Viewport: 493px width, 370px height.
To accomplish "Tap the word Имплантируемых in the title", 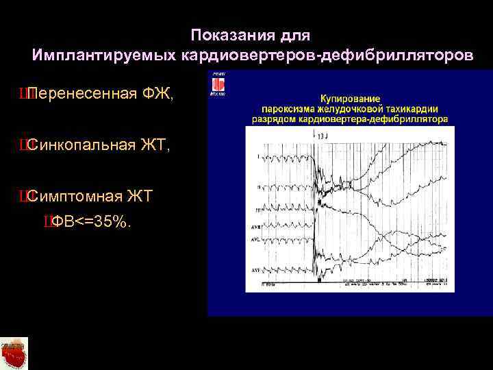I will click(104, 55).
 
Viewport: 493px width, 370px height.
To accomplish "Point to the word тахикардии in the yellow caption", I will click(413, 108).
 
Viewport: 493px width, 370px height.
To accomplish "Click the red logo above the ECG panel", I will click(218, 84).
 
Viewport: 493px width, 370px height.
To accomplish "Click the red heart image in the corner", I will click(14, 352).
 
